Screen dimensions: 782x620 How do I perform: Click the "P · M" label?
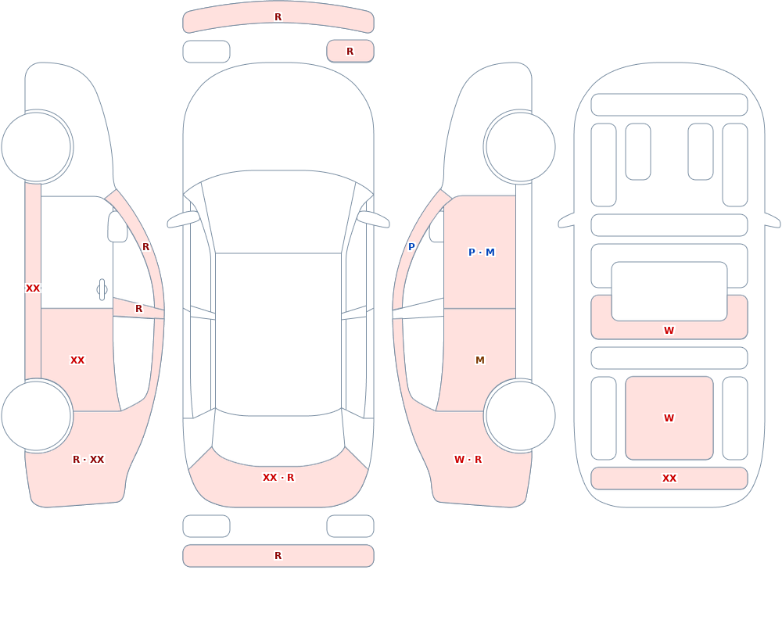click(x=481, y=253)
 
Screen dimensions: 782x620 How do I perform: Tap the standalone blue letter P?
click(x=411, y=247)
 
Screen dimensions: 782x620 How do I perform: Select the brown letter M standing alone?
click(x=480, y=360)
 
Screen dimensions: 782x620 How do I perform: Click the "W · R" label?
click(x=468, y=460)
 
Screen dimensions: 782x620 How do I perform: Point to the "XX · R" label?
click(x=278, y=478)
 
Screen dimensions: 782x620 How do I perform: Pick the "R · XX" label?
click(x=88, y=460)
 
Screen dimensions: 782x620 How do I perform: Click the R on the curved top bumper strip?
click(x=278, y=17)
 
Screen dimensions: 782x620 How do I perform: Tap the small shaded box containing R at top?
click(x=350, y=52)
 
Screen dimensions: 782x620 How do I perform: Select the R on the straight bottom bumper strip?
click(x=278, y=556)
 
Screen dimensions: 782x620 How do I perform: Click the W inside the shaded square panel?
click(x=669, y=418)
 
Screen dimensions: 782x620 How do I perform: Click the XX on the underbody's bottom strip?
click(x=669, y=478)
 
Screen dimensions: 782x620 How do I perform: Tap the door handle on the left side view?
click(x=102, y=290)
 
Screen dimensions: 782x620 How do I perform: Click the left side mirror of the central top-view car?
click(x=183, y=220)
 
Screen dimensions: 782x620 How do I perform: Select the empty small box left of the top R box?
click(x=206, y=52)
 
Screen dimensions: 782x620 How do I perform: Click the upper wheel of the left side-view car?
click(x=37, y=147)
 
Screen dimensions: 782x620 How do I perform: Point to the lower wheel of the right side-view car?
click(x=520, y=416)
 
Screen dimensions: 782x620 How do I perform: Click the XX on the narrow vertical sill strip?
click(x=33, y=288)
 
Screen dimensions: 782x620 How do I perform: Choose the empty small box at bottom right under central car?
click(x=350, y=526)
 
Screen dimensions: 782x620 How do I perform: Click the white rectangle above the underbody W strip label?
click(x=669, y=292)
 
